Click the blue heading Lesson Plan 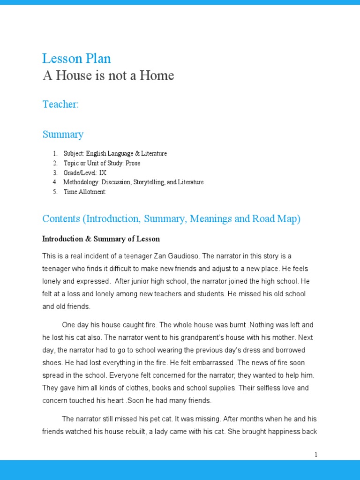pyautogui.click(x=76, y=59)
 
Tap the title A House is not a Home pyautogui.click(x=108, y=75)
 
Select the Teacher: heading pyautogui.click(x=60, y=104)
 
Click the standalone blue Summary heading pyautogui.click(x=63, y=135)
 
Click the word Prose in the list pyautogui.click(x=133, y=163)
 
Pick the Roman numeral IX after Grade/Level pyautogui.click(x=103, y=172)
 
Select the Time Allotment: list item pyautogui.click(x=85, y=192)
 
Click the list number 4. pyautogui.click(x=54, y=182)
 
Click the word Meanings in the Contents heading pyautogui.click(x=209, y=219)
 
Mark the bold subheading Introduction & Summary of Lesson pyautogui.click(x=101, y=239)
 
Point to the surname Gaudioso pyautogui.click(x=181, y=256)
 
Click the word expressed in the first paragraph pyautogui.click(x=94, y=281)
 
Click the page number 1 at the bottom pyautogui.click(x=316, y=455)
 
